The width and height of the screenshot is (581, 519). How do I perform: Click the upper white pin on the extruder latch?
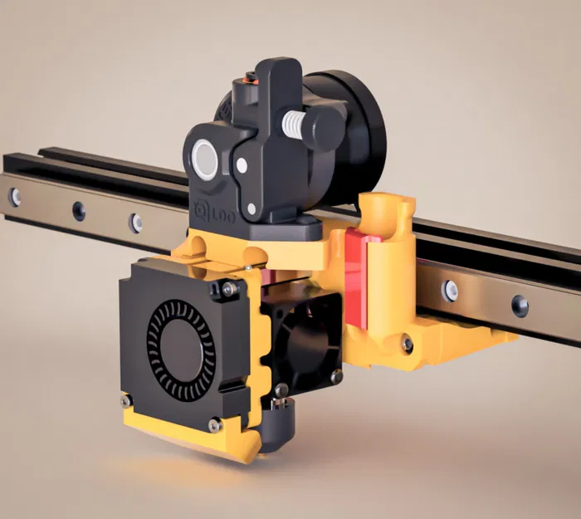(242, 166)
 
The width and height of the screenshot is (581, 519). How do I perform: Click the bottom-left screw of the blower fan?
(126, 401)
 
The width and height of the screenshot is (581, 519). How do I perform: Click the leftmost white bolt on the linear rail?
(15, 197)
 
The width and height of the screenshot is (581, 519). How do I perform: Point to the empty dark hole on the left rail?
(78, 211)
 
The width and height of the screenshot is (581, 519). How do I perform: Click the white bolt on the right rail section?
(450, 290)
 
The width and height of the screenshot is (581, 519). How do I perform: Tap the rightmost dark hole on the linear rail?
(520, 305)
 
